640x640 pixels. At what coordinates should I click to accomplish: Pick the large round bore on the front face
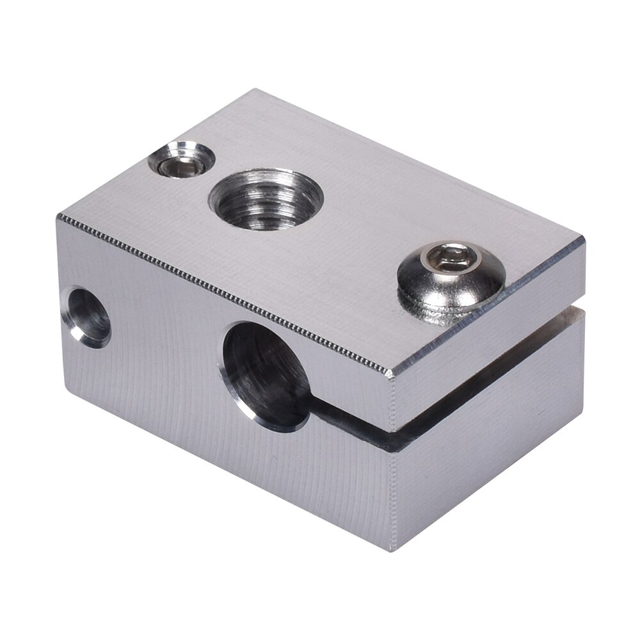click(266, 374)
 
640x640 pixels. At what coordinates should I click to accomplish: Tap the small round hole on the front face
click(88, 316)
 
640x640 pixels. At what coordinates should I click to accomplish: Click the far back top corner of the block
click(255, 90)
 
